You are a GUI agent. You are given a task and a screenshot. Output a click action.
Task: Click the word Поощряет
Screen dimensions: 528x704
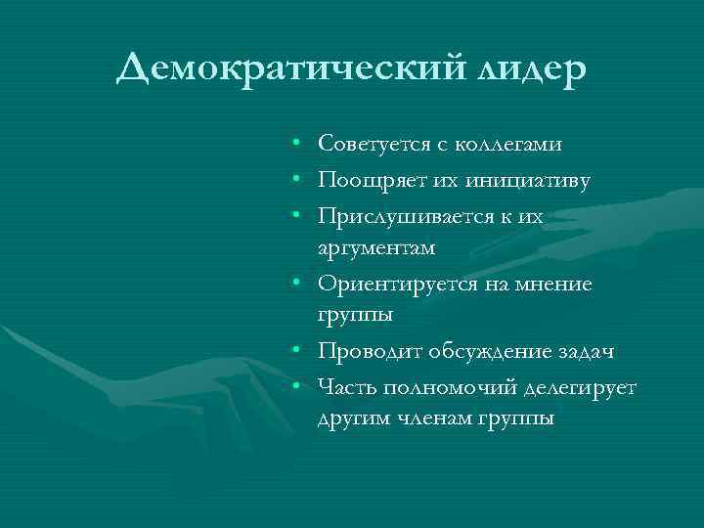click(361, 180)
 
